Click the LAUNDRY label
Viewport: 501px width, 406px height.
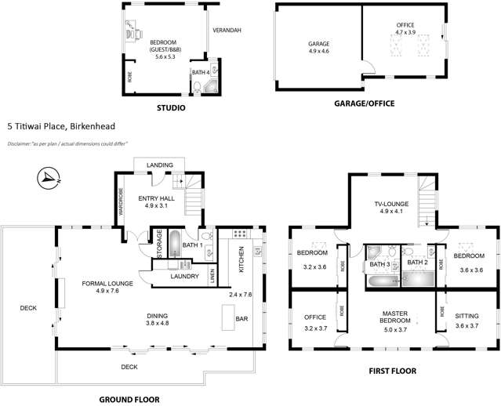coord(184,275)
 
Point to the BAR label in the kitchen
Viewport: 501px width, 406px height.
coord(243,319)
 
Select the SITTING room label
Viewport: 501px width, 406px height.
coord(467,315)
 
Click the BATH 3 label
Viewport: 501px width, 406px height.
coord(379,263)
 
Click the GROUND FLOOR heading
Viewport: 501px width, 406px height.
coord(129,399)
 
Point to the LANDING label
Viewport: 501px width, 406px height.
coord(160,165)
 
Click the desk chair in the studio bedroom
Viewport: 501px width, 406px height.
coord(135,35)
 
